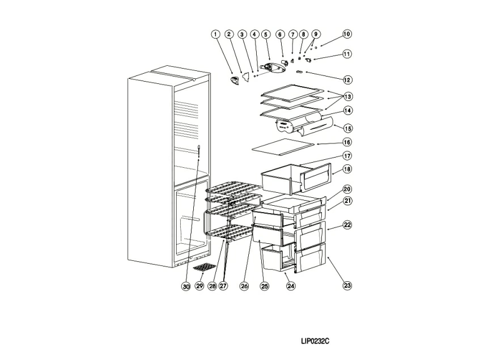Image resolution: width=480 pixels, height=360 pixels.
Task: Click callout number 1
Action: click(x=215, y=34)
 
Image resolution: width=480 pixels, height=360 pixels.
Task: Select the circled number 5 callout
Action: click(x=265, y=34)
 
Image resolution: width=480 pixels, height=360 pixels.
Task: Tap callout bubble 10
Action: click(x=347, y=34)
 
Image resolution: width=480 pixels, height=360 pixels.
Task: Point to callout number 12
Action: click(x=347, y=79)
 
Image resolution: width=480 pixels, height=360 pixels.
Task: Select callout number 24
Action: click(x=291, y=286)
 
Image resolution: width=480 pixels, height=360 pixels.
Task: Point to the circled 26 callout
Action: click(x=244, y=286)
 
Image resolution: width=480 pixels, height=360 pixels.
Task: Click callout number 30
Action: click(x=186, y=286)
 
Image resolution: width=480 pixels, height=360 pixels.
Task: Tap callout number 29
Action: click(x=199, y=286)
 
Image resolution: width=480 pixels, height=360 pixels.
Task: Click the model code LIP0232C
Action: click(x=315, y=341)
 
